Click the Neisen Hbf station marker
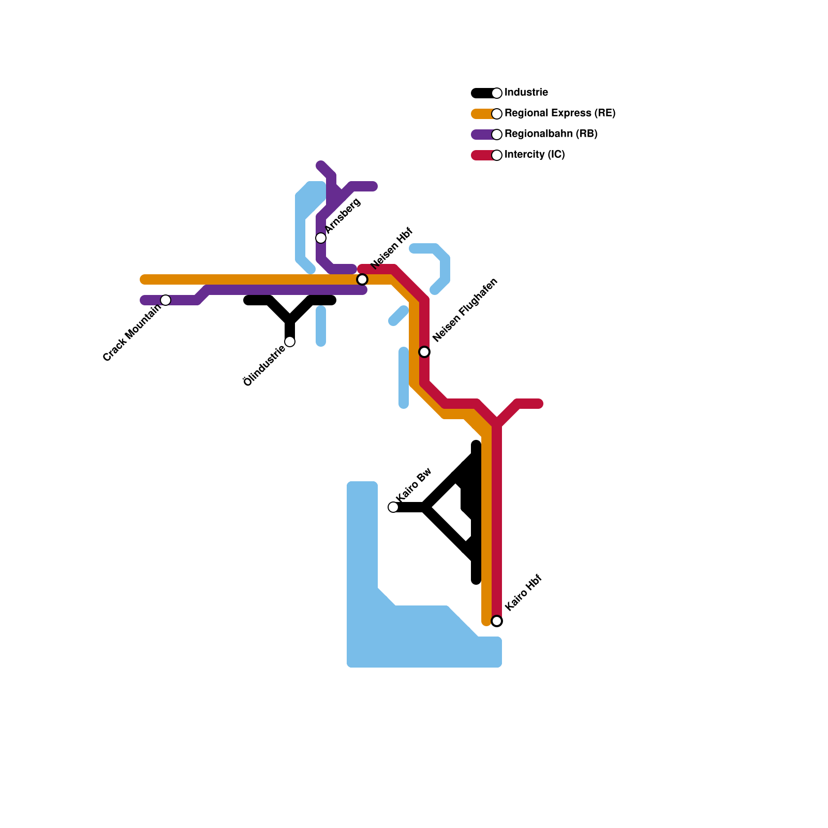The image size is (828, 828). pyautogui.click(x=362, y=279)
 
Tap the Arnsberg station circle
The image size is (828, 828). pyautogui.click(x=321, y=238)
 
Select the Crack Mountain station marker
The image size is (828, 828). pyautogui.click(x=166, y=300)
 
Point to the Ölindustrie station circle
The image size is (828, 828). pyautogui.click(x=290, y=342)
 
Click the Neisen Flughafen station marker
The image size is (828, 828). pyautogui.click(x=424, y=352)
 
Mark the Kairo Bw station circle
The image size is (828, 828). pyautogui.click(x=393, y=507)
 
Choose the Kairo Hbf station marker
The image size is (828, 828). pyautogui.click(x=497, y=621)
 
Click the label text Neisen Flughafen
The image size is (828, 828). pyautogui.click(x=465, y=310)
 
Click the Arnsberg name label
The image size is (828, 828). pyautogui.click(x=343, y=215)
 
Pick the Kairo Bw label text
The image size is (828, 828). pyautogui.click(x=413, y=484)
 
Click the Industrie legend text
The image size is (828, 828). pyautogui.click(x=526, y=93)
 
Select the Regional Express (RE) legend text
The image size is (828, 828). pyautogui.click(x=559, y=113)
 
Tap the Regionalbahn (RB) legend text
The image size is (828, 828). pyautogui.click(x=551, y=134)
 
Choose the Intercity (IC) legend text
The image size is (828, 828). pyautogui.click(x=535, y=155)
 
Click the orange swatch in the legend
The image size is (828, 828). pyautogui.click(x=482, y=114)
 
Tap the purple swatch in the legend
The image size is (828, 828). pyautogui.click(x=482, y=135)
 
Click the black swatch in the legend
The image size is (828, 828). pyautogui.click(x=482, y=93)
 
